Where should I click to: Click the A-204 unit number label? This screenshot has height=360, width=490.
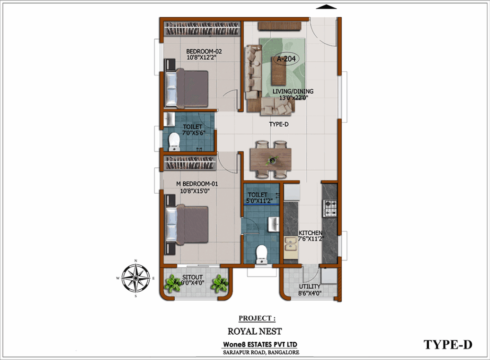click(x=286, y=58)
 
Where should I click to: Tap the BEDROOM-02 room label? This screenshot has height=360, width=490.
click(x=204, y=51)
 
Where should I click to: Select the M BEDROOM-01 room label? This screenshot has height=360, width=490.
click(x=197, y=184)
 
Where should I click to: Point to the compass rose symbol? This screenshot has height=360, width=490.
click(x=135, y=278)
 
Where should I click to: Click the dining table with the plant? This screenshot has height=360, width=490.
click(x=271, y=159)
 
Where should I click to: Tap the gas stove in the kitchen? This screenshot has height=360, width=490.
click(x=330, y=208)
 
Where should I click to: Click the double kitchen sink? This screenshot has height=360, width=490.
click(x=290, y=244)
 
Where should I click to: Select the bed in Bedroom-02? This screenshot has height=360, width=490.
click(x=187, y=88)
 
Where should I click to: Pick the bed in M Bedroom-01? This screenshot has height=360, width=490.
click(x=187, y=224)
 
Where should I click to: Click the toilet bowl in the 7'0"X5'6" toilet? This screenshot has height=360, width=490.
click(x=174, y=142)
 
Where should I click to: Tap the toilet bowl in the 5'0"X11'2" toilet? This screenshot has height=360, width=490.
click(x=261, y=254)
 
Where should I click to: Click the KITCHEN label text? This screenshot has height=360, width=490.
click(x=310, y=233)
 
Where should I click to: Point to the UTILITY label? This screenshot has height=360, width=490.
click(x=310, y=287)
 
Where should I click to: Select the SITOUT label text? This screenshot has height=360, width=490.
click(x=192, y=277)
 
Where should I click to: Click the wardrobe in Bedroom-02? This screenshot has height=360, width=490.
click(x=202, y=28)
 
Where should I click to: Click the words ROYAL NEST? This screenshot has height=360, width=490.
click(x=255, y=331)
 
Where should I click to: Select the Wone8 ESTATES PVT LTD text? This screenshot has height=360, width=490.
click(x=260, y=344)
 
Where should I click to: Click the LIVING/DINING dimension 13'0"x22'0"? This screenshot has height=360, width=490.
click(x=294, y=98)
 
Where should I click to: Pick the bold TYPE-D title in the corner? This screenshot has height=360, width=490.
click(x=448, y=345)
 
